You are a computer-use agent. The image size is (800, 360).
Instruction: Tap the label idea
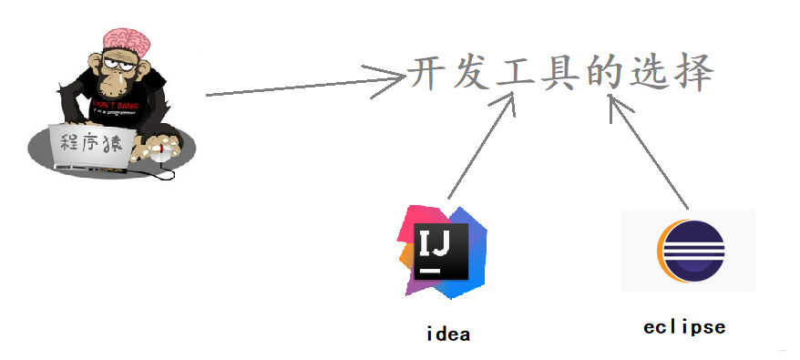(448, 334)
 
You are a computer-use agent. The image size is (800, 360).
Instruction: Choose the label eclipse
(684, 326)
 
